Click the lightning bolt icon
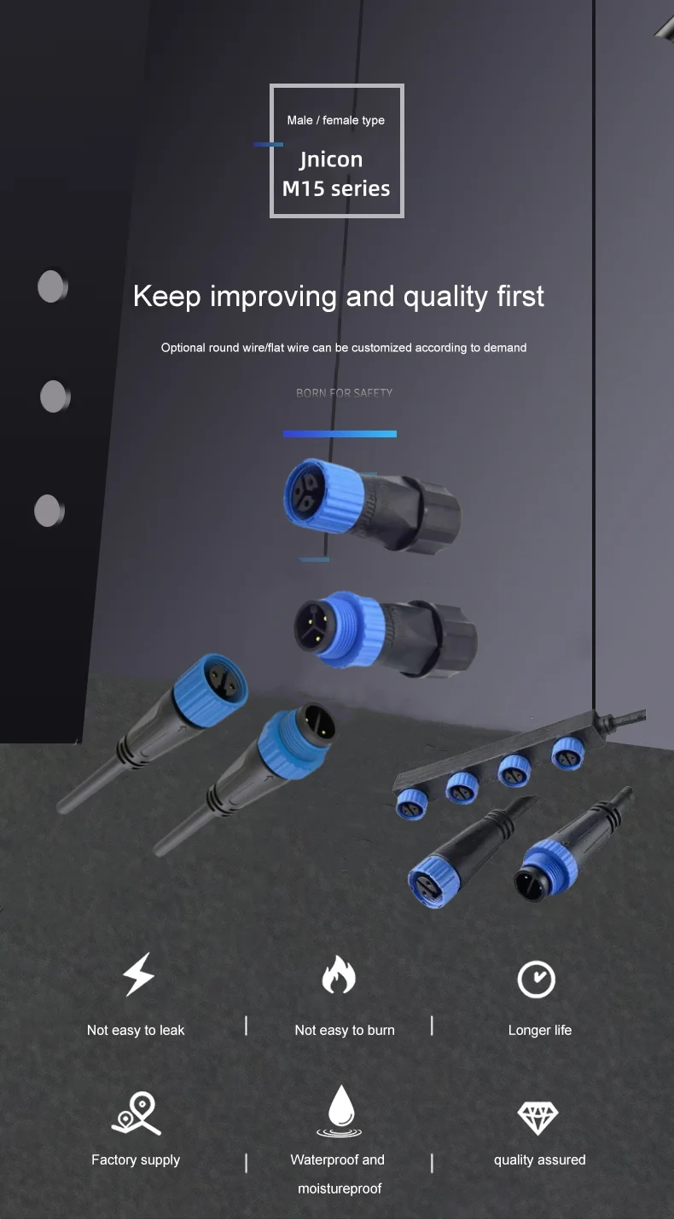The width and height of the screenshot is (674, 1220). [139, 974]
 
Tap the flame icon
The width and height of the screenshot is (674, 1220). [338, 975]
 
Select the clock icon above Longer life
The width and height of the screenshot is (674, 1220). [537, 980]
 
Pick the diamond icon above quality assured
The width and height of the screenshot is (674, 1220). [537, 1117]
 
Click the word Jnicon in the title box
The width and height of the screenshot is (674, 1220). [331, 159]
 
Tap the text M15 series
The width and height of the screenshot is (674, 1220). [336, 188]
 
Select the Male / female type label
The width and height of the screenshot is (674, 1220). [335, 120]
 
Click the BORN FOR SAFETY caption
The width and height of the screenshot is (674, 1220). [344, 393]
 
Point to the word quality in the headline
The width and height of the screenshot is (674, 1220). [446, 297]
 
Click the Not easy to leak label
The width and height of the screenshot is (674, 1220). [136, 1030]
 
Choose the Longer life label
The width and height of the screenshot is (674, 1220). [540, 1030]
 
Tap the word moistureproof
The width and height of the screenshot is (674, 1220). [340, 1188]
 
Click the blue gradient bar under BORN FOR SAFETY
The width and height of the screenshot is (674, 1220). [340, 434]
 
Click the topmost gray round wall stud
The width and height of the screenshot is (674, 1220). [52, 286]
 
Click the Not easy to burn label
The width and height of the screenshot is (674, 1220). [345, 1030]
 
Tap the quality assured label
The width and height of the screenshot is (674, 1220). [540, 1159]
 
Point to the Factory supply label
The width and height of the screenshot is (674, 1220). [136, 1159]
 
